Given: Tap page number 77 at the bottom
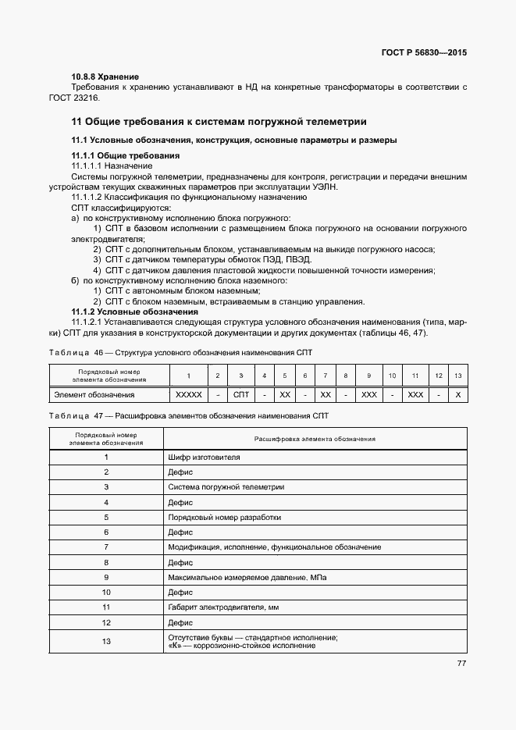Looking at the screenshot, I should [x=461, y=664].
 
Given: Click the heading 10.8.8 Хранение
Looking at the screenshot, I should [x=105, y=77].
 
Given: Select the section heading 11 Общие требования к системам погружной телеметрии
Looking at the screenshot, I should [x=219, y=122].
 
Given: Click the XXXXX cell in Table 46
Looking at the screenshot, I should [x=189, y=395].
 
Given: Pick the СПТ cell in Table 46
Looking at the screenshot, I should [x=241, y=395].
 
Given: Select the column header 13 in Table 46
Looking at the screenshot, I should [x=457, y=376].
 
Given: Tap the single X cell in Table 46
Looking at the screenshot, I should [x=457, y=395].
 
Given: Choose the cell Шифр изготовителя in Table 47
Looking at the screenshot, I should [x=204, y=456].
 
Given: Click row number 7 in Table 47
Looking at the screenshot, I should [x=106, y=547].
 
